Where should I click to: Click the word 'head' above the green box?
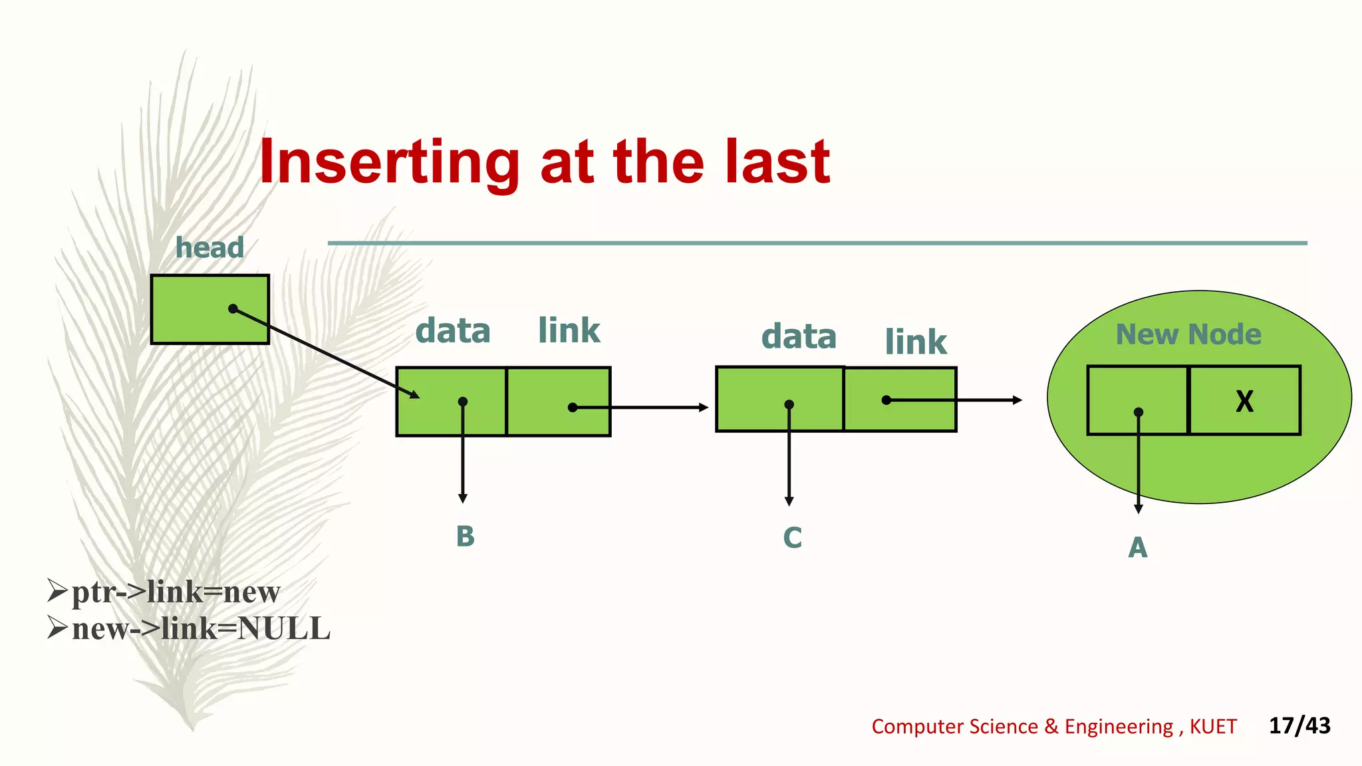point(209,248)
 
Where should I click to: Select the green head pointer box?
point(193,309)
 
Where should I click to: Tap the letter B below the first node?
point(465,537)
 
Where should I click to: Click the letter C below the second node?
point(792,538)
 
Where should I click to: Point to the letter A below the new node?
point(1137,548)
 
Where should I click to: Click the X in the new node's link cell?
point(1244,401)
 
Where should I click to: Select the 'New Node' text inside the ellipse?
point(1188,334)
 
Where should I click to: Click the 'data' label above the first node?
point(453,330)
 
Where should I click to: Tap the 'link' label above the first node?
point(569,330)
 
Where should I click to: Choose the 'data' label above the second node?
point(799,336)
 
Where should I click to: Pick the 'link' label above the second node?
point(915,342)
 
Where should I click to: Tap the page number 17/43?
point(1299,725)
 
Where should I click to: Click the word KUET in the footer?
point(1213,727)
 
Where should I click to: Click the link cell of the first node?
point(558,401)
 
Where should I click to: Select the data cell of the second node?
point(779,399)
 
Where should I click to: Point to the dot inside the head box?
point(233,309)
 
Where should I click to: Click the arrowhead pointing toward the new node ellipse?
point(1017,400)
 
